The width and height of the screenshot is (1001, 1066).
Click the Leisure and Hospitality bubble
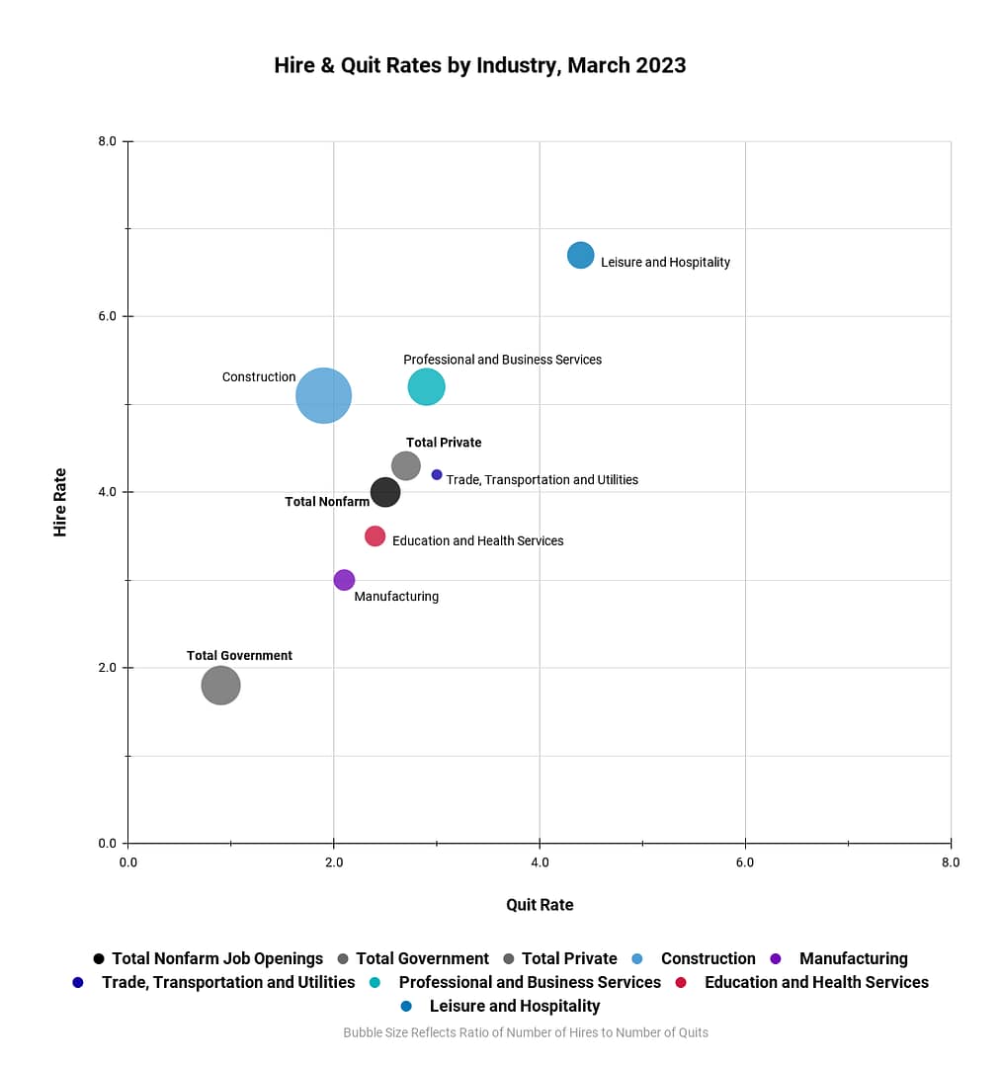581,255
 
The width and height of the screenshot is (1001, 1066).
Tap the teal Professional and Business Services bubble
426,386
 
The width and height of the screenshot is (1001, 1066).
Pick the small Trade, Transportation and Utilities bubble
437,475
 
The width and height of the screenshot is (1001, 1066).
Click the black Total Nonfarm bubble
385,492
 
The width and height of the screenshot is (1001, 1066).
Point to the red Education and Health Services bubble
375,536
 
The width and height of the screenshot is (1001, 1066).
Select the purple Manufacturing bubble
344,580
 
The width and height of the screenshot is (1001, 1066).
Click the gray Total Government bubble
220,686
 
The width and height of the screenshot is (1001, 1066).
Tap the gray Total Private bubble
406,465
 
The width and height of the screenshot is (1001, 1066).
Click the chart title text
480,66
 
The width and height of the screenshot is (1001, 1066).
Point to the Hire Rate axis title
60,502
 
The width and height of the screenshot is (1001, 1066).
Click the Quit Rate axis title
540,905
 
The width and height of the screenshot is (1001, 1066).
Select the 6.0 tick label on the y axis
107,317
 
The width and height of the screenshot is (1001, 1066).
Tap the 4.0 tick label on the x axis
540,862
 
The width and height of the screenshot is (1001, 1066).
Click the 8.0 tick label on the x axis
950,862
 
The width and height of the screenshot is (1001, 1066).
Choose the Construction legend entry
707,958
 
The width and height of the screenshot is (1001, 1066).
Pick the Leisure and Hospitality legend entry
514,1006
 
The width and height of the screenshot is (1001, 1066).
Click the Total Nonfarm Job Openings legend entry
216,958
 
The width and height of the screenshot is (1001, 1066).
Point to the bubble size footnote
526,1032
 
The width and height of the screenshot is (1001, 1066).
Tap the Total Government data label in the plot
239,656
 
